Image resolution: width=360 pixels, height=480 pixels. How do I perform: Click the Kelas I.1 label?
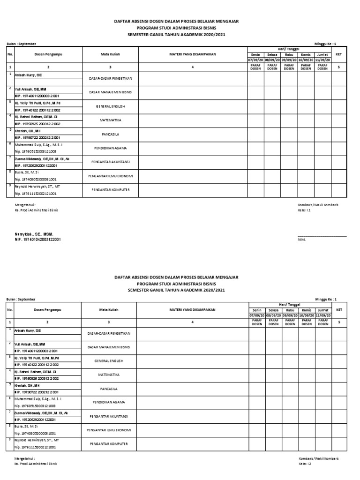tap(305, 210)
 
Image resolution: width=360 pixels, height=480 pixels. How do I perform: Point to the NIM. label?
tap(301, 240)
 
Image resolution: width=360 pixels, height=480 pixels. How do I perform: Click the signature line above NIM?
tap(322, 236)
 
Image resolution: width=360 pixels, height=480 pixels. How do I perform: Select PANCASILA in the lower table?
tap(110, 389)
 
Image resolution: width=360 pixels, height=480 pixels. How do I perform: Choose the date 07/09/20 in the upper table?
tap(255, 60)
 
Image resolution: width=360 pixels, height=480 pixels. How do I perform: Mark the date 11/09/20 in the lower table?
tap(323, 315)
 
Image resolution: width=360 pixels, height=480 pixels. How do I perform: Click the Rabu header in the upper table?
tap(289, 54)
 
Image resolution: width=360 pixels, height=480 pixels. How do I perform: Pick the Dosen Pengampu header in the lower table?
tap(48, 310)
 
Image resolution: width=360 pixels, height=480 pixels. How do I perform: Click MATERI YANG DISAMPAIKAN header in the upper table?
tap(192, 55)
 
